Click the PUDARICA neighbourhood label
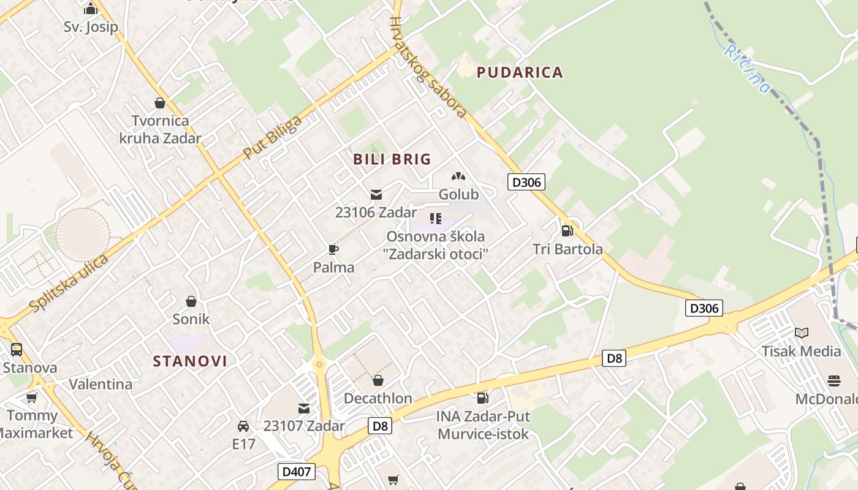click(520, 72)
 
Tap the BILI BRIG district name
click(392, 159)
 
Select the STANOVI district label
click(190, 361)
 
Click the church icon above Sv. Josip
click(91, 9)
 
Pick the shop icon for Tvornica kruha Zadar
click(160, 103)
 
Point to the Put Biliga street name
click(273, 137)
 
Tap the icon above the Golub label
click(458, 176)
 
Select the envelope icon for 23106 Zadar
click(376, 195)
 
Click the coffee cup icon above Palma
click(333, 249)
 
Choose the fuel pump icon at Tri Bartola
click(568, 231)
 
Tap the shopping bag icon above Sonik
click(191, 301)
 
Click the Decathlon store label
click(378, 398)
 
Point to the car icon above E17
click(243, 426)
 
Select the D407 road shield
click(297, 472)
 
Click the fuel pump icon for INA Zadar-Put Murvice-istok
click(483, 398)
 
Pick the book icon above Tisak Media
click(801, 333)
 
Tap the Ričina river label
click(746, 68)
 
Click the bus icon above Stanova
click(17, 350)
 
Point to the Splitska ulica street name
click(69, 283)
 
